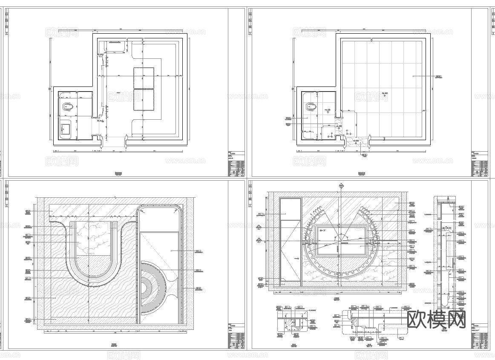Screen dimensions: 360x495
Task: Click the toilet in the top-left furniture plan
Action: tap(67, 106)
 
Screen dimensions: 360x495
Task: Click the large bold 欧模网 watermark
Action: tap(436, 319)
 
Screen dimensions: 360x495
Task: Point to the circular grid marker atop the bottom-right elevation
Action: tap(341, 186)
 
